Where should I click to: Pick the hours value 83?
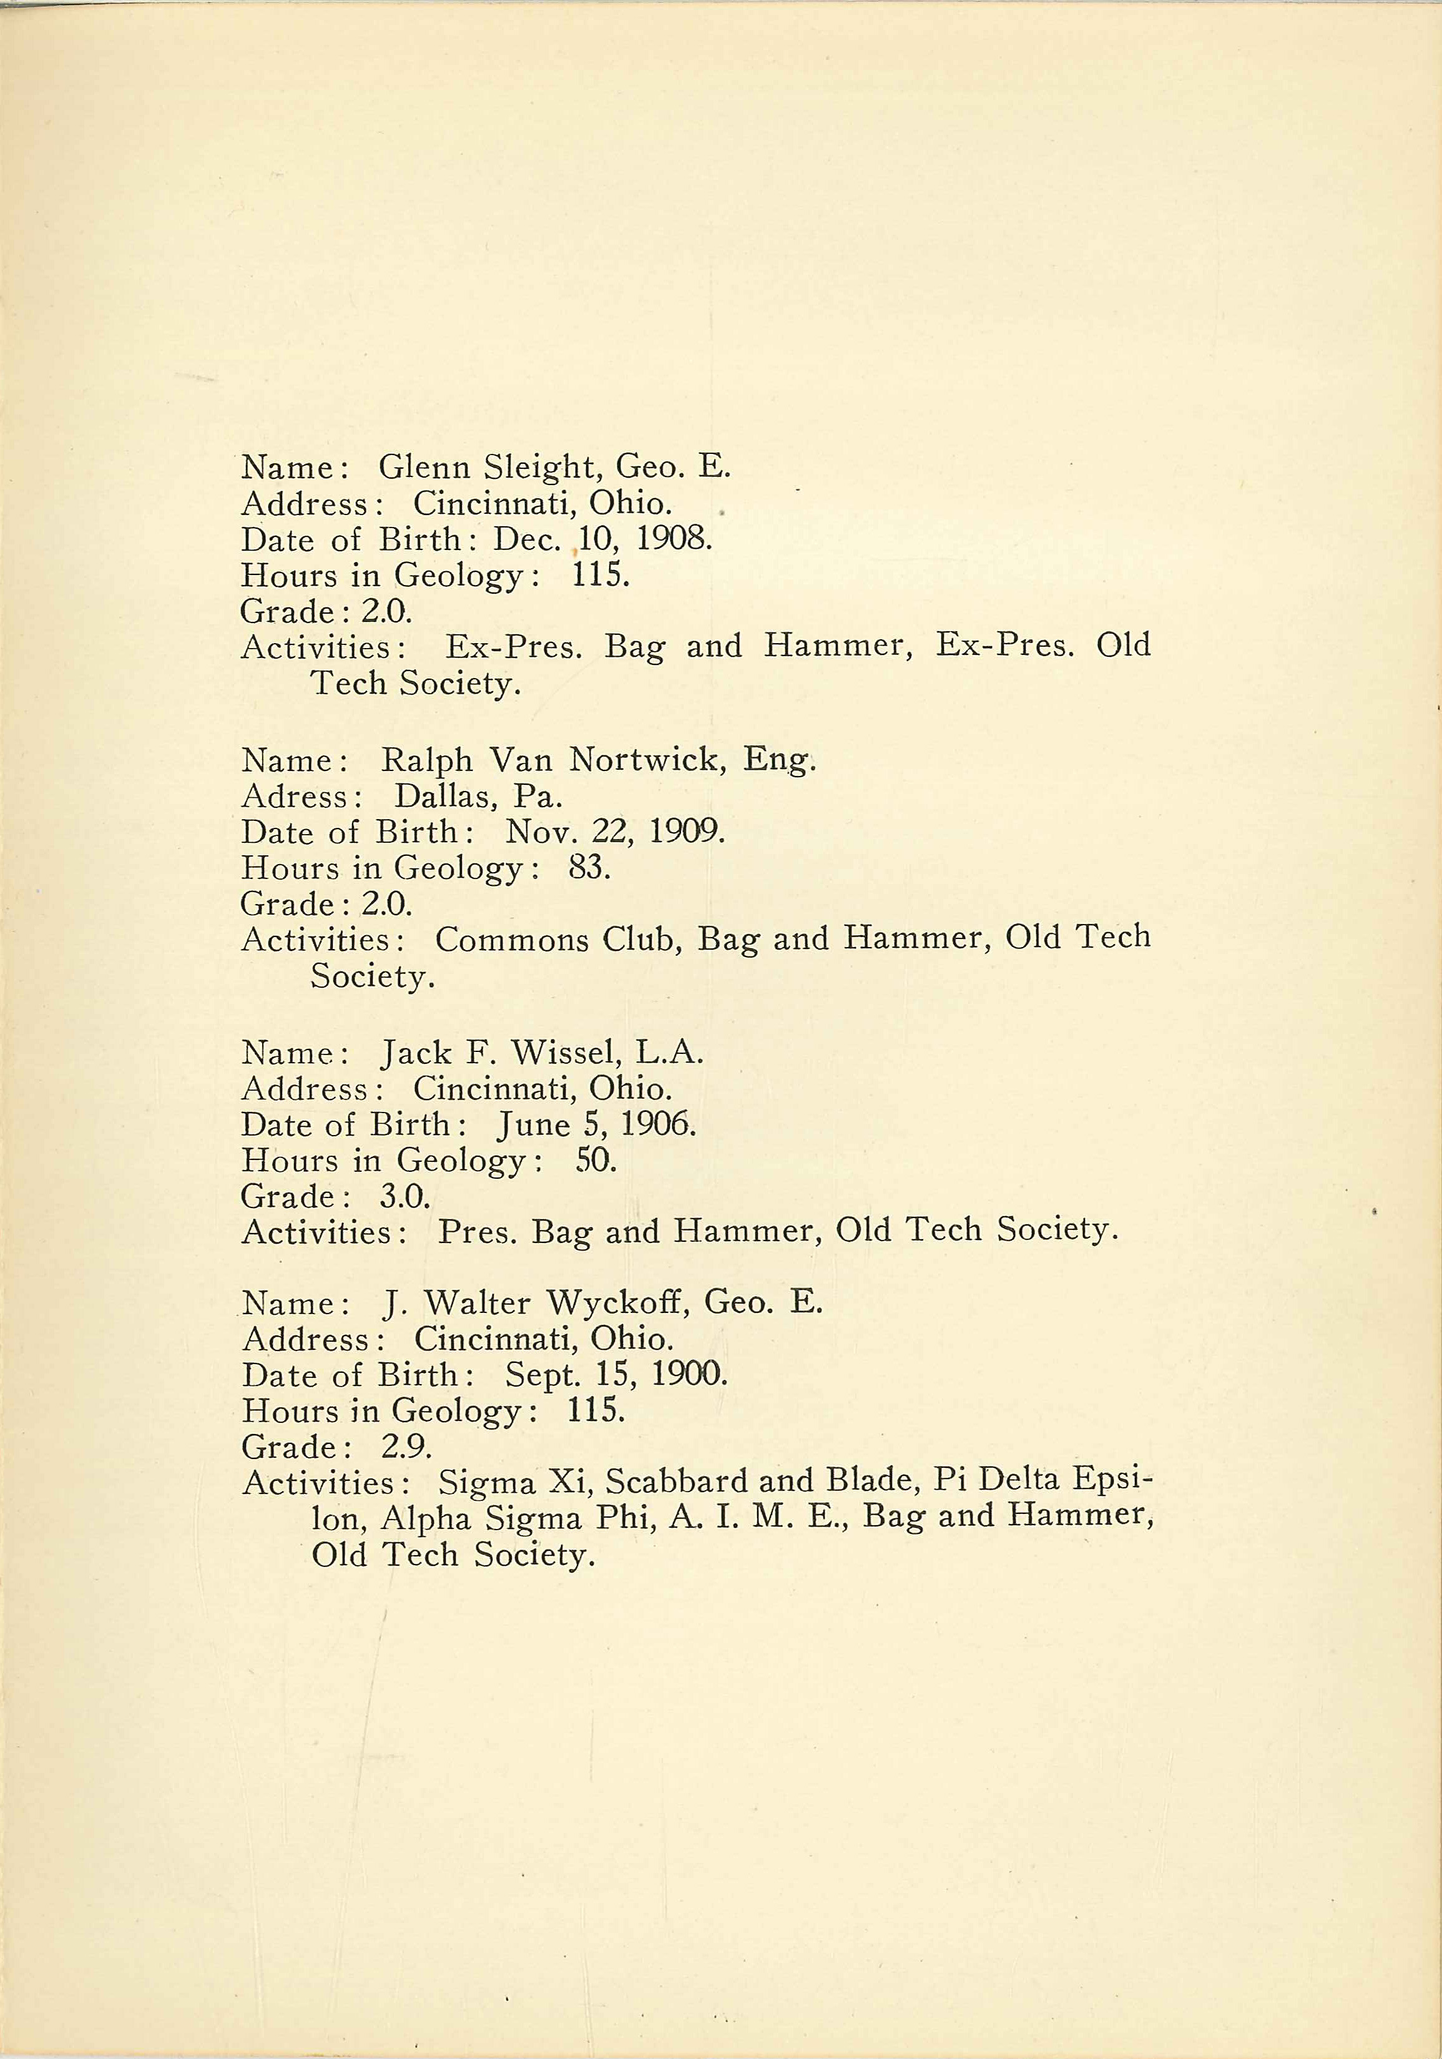(x=588, y=868)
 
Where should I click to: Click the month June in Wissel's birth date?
(x=534, y=1124)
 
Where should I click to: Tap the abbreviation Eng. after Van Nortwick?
(x=778, y=760)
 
